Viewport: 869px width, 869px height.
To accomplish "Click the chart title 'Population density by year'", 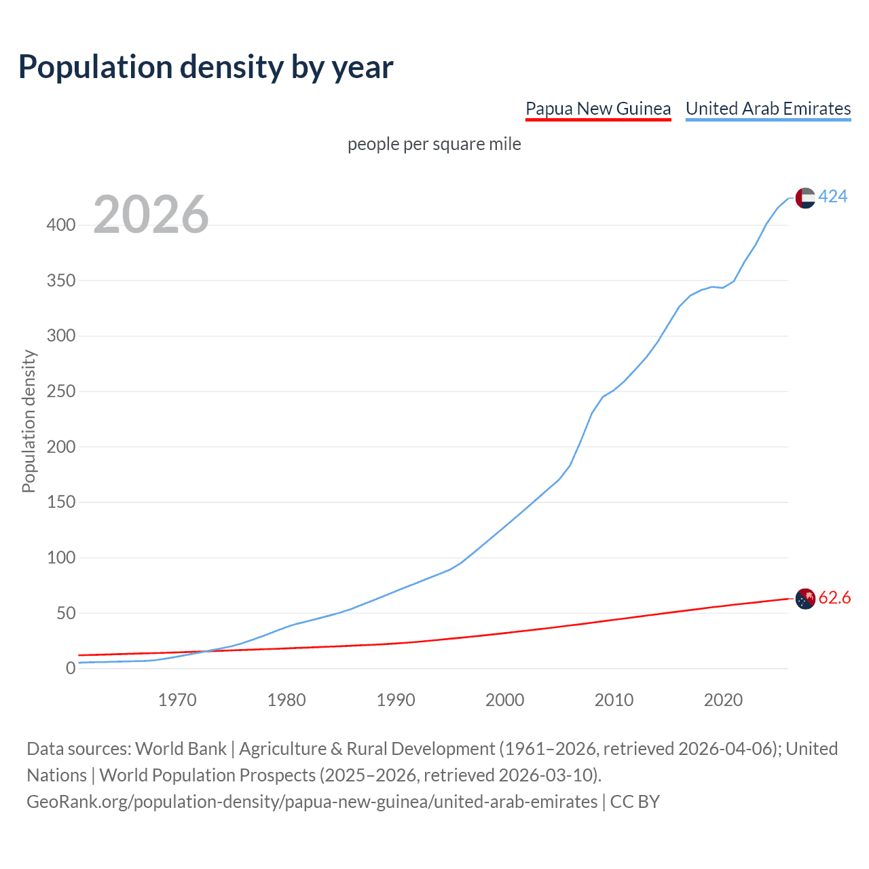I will click(206, 67).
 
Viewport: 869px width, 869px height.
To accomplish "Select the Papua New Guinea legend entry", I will click(598, 109).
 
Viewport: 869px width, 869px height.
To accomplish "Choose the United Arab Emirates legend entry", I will click(768, 109).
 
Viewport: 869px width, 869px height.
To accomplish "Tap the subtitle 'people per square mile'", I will click(434, 145).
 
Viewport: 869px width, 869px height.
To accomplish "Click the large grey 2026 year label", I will click(151, 215).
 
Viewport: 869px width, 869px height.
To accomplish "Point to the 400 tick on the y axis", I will click(61, 225).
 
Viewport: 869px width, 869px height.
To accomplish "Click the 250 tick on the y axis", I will click(61, 392).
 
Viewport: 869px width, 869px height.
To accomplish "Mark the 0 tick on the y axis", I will click(71, 669).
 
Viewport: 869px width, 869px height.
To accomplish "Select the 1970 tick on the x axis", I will click(177, 700).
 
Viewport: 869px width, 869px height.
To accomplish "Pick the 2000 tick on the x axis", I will click(504, 700).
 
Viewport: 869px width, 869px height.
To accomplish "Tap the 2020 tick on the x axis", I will click(723, 700).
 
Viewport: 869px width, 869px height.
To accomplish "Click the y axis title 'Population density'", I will click(29, 421).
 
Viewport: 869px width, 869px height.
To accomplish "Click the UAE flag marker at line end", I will click(805, 198).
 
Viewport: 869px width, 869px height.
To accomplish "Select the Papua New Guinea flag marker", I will click(805, 599).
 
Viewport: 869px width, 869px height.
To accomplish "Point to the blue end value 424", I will click(832, 197).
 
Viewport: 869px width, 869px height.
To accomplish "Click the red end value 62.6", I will click(834, 598).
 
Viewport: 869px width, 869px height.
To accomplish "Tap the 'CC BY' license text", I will click(635, 802).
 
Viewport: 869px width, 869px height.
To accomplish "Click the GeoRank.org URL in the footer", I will click(312, 802).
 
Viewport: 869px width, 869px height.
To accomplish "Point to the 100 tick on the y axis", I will click(61, 558).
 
